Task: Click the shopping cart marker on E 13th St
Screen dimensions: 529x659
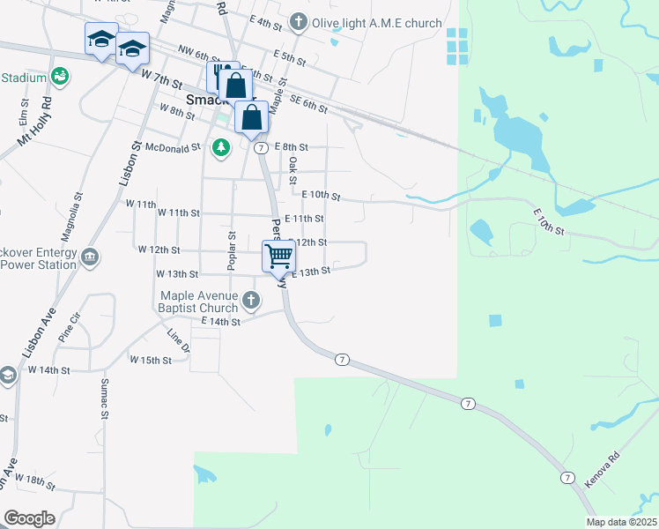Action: coord(278,257)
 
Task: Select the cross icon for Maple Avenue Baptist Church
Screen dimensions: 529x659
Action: coord(251,301)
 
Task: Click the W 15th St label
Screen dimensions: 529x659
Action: coord(150,360)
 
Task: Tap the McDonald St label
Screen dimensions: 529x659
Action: coord(173,147)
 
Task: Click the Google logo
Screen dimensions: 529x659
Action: coord(29,518)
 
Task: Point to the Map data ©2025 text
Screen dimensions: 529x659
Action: coord(621,522)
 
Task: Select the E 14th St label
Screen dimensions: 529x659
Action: coord(220,322)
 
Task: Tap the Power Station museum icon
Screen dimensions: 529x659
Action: coord(89,257)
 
